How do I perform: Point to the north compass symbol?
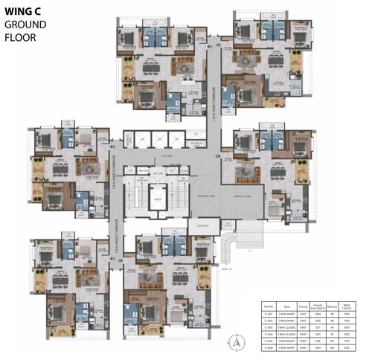tap(237, 344)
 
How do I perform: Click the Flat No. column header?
tap(269, 305)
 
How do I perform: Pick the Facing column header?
tap(302, 305)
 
